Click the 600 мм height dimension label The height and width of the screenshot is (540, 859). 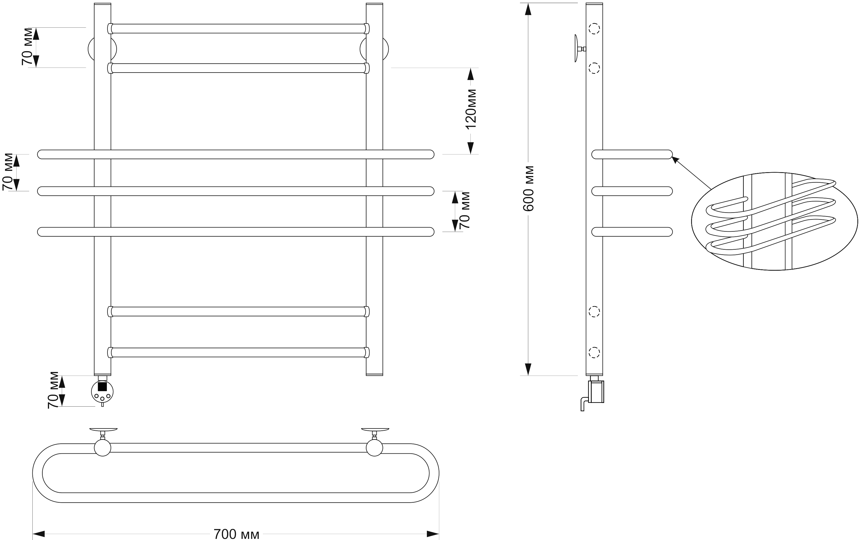528,188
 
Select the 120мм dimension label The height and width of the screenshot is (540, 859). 471,109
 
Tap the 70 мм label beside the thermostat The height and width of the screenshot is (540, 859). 53,390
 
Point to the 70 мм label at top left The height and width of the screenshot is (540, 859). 27,46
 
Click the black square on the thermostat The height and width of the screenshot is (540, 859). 102,386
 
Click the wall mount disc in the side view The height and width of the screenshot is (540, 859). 576,48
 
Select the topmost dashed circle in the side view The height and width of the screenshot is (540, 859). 594,29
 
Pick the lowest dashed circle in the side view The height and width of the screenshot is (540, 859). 594,353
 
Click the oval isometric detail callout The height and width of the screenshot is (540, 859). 774,221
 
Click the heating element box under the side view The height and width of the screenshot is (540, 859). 596,392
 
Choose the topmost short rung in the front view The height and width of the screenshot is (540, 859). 238,29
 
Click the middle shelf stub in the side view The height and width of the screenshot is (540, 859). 632,191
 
